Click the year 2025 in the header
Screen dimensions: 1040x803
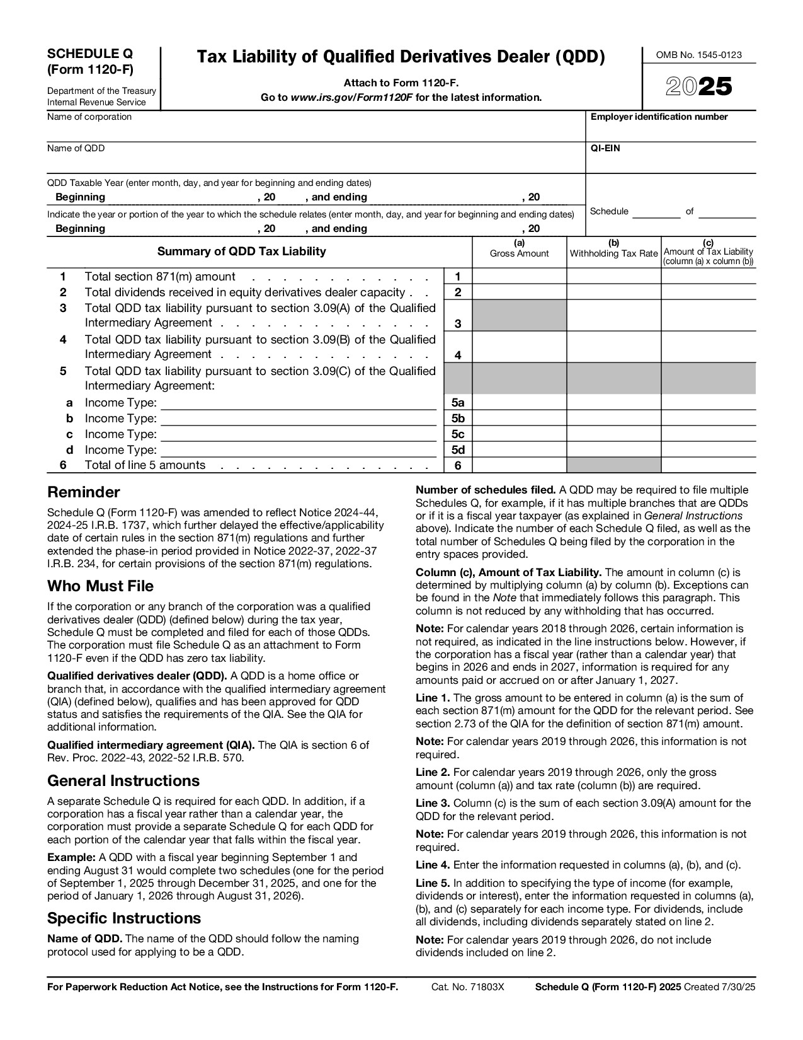pyautogui.click(x=699, y=87)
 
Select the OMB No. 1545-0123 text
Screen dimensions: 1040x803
pyautogui.click(x=698, y=55)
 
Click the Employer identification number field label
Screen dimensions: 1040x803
pyautogui.click(x=659, y=117)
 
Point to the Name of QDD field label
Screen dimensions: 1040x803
pyautogui.click(x=76, y=149)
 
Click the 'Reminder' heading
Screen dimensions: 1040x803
pyautogui.click(x=83, y=492)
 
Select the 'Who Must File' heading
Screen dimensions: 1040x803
pyautogui.click(x=100, y=586)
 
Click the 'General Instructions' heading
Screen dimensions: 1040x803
pyautogui.click(x=123, y=781)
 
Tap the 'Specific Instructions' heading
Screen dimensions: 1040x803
pyautogui.click(x=124, y=918)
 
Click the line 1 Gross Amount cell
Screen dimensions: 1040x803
pyautogui.click(x=519, y=276)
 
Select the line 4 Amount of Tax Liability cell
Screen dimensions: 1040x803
pyautogui.click(x=708, y=347)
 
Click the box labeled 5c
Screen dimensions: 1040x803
pyautogui.click(x=458, y=434)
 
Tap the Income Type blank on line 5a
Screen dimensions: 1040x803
pyautogui.click(x=299, y=403)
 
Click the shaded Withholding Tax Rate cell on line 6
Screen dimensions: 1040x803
pyautogui.click(x=613, y=466)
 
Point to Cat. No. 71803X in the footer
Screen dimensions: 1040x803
pyautogui.click(x=467, y=988)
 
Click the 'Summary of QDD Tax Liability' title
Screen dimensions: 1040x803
pyautogui.click(x=241, y=251)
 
